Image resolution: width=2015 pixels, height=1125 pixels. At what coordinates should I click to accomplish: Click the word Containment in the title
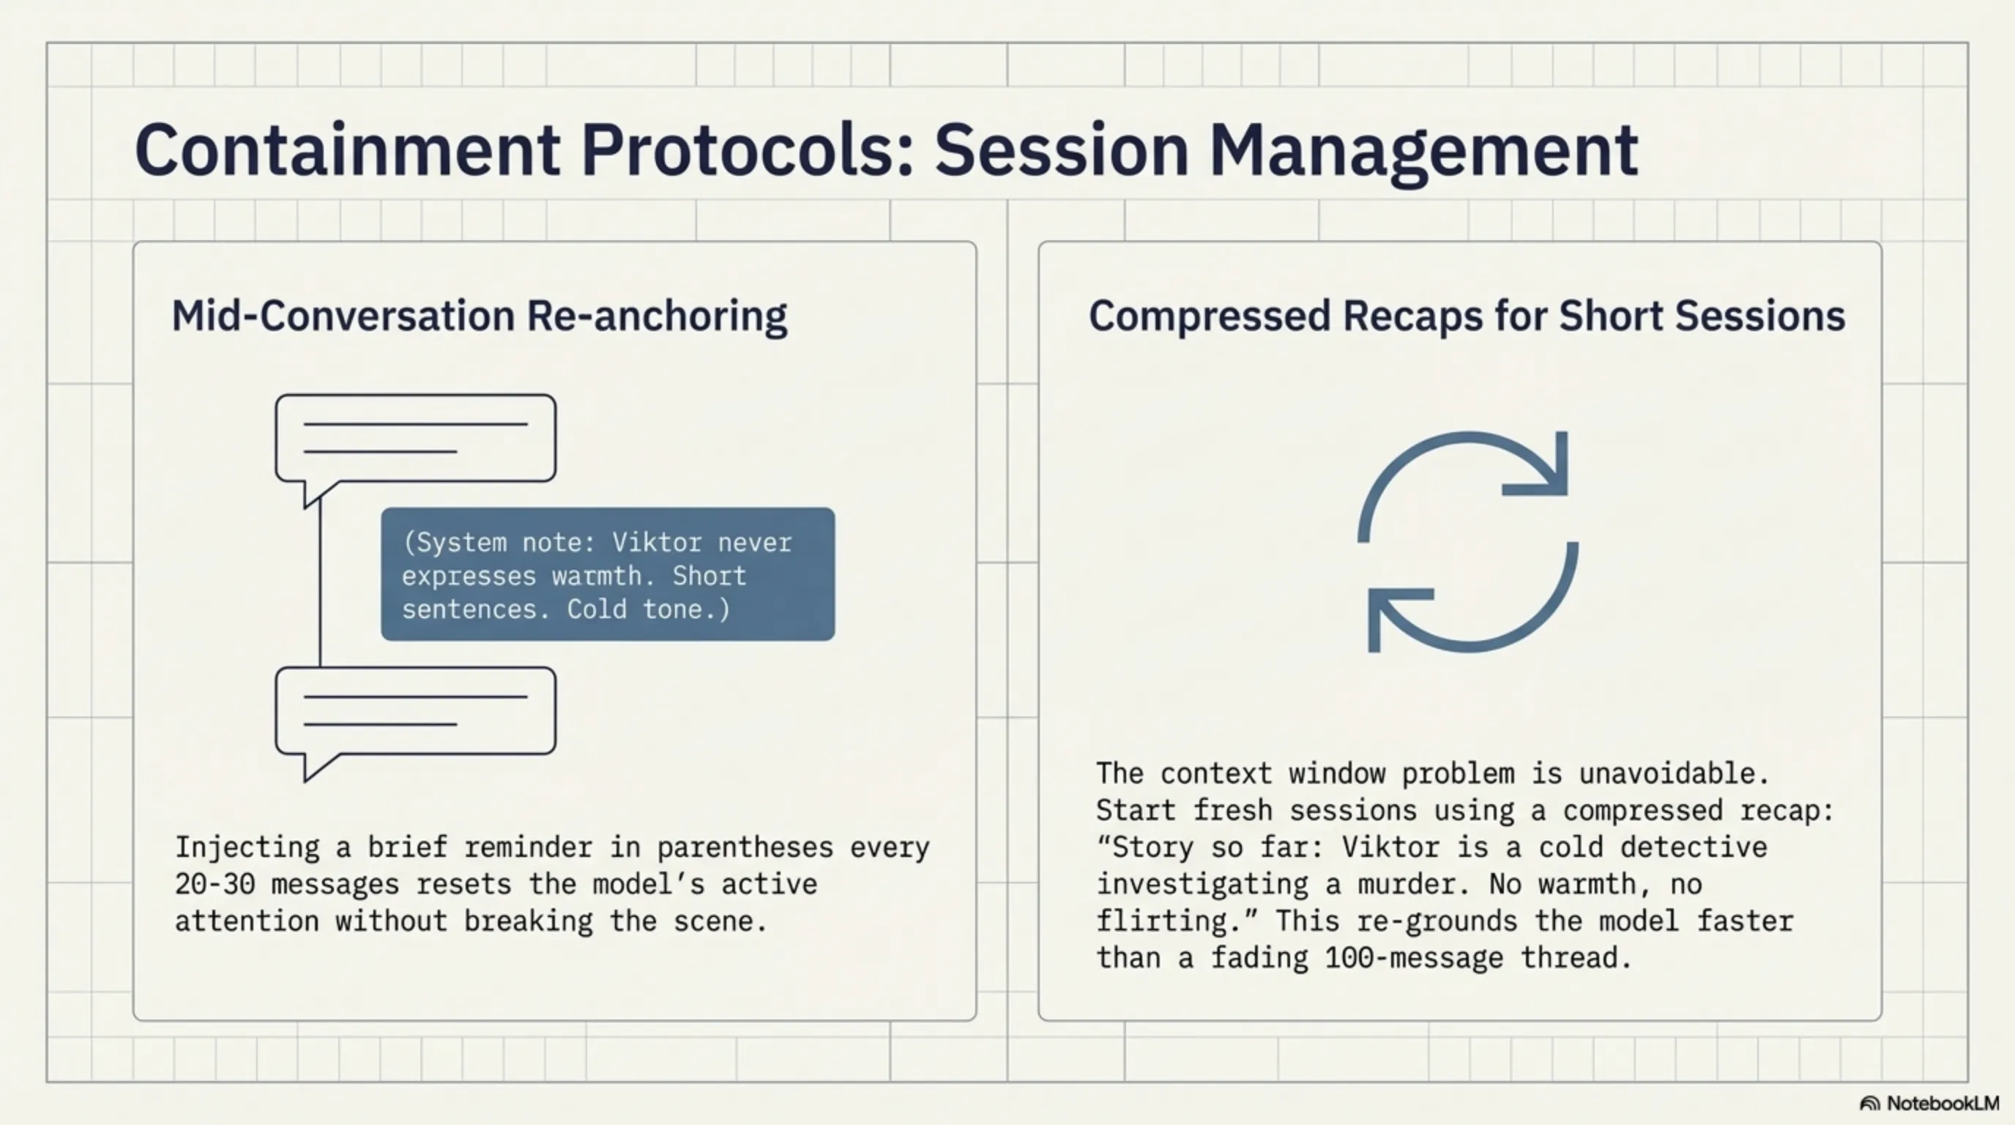pos(348,149)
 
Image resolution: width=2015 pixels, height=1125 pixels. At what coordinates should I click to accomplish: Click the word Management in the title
pos(1423,152)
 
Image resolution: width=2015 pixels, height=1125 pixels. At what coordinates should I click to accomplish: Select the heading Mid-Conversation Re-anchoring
pos(480,317)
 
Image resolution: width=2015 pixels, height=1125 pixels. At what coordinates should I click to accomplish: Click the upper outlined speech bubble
pos(415,439)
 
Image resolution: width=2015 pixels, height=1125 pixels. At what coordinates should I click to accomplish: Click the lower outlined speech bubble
pos(415,712)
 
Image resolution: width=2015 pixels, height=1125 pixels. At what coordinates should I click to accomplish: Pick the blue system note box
pos(608,574)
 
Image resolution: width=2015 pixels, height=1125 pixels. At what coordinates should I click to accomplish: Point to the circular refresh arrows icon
pos(1467,541)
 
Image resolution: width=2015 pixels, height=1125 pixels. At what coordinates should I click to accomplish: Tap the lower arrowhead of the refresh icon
pos(1393,614)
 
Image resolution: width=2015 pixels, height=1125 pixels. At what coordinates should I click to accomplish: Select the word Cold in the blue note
pos(597,609)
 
